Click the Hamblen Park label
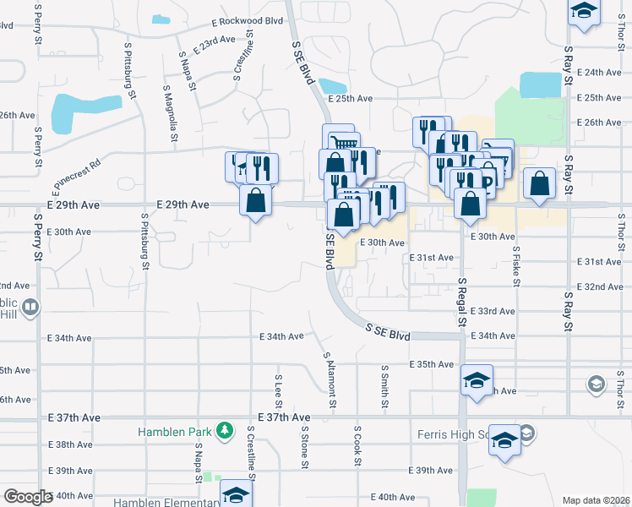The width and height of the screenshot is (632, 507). tap(175, 432)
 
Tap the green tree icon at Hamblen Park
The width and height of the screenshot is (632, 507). tap(224, 432)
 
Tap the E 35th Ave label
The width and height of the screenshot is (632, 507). tap(432, 364)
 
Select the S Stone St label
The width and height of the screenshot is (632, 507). tap(304, 444)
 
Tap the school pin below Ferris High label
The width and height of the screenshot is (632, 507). tap(505, 442)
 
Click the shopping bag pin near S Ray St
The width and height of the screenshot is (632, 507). tap(539, 184)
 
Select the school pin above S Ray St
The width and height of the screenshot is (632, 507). tap(583, 13)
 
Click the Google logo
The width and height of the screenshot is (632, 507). tap(28, 497)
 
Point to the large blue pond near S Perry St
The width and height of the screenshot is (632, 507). tap(74, 112)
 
